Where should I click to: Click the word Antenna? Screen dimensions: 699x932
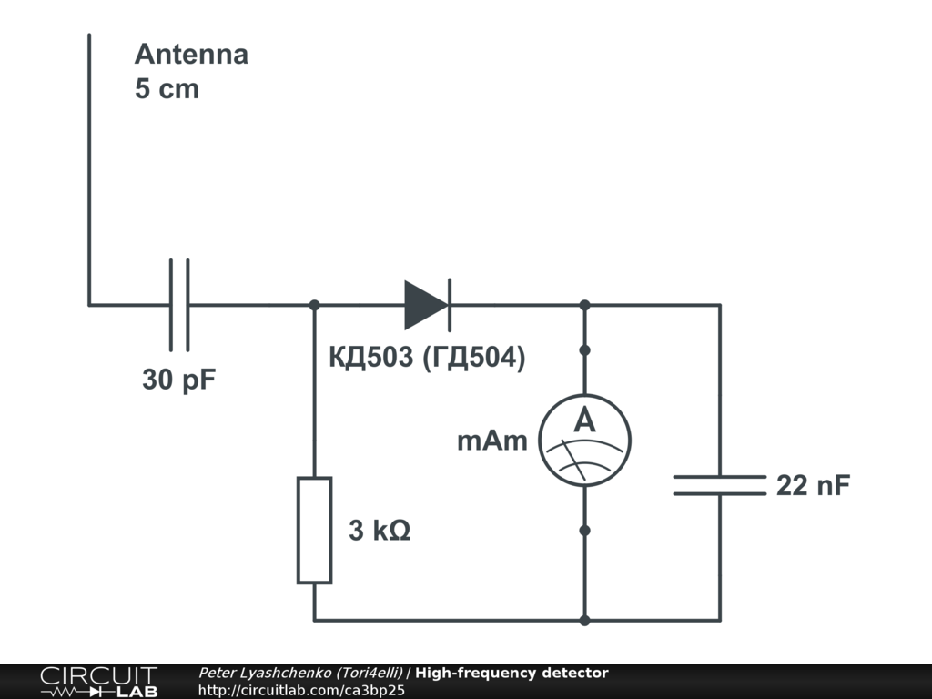point(191,54)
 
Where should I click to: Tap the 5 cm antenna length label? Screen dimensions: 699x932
point(167,90)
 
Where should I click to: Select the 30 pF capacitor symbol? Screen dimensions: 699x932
point(180,305)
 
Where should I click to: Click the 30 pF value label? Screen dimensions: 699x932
point(179,380)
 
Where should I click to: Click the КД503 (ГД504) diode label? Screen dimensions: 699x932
point(427,358)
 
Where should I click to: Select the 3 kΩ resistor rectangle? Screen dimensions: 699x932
point(314,530)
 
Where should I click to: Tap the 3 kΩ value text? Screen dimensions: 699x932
point(380,531)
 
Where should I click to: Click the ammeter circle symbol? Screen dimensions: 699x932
point(584,441)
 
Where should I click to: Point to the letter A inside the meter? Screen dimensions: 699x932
point(584,421)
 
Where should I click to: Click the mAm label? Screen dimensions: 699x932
point(492,441)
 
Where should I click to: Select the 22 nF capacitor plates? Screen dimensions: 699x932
point(720,485)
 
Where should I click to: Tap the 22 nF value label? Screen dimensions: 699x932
point(813,485)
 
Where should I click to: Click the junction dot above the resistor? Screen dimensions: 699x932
point(314,305)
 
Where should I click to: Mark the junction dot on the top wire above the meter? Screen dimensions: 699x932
point(584,305)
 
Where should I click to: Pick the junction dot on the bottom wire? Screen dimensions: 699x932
point(584,621)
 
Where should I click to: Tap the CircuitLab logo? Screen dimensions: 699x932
point(98,682)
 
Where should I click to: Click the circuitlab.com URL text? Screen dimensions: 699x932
point(301,691)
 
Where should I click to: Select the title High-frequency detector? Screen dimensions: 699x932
point(512,674)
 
